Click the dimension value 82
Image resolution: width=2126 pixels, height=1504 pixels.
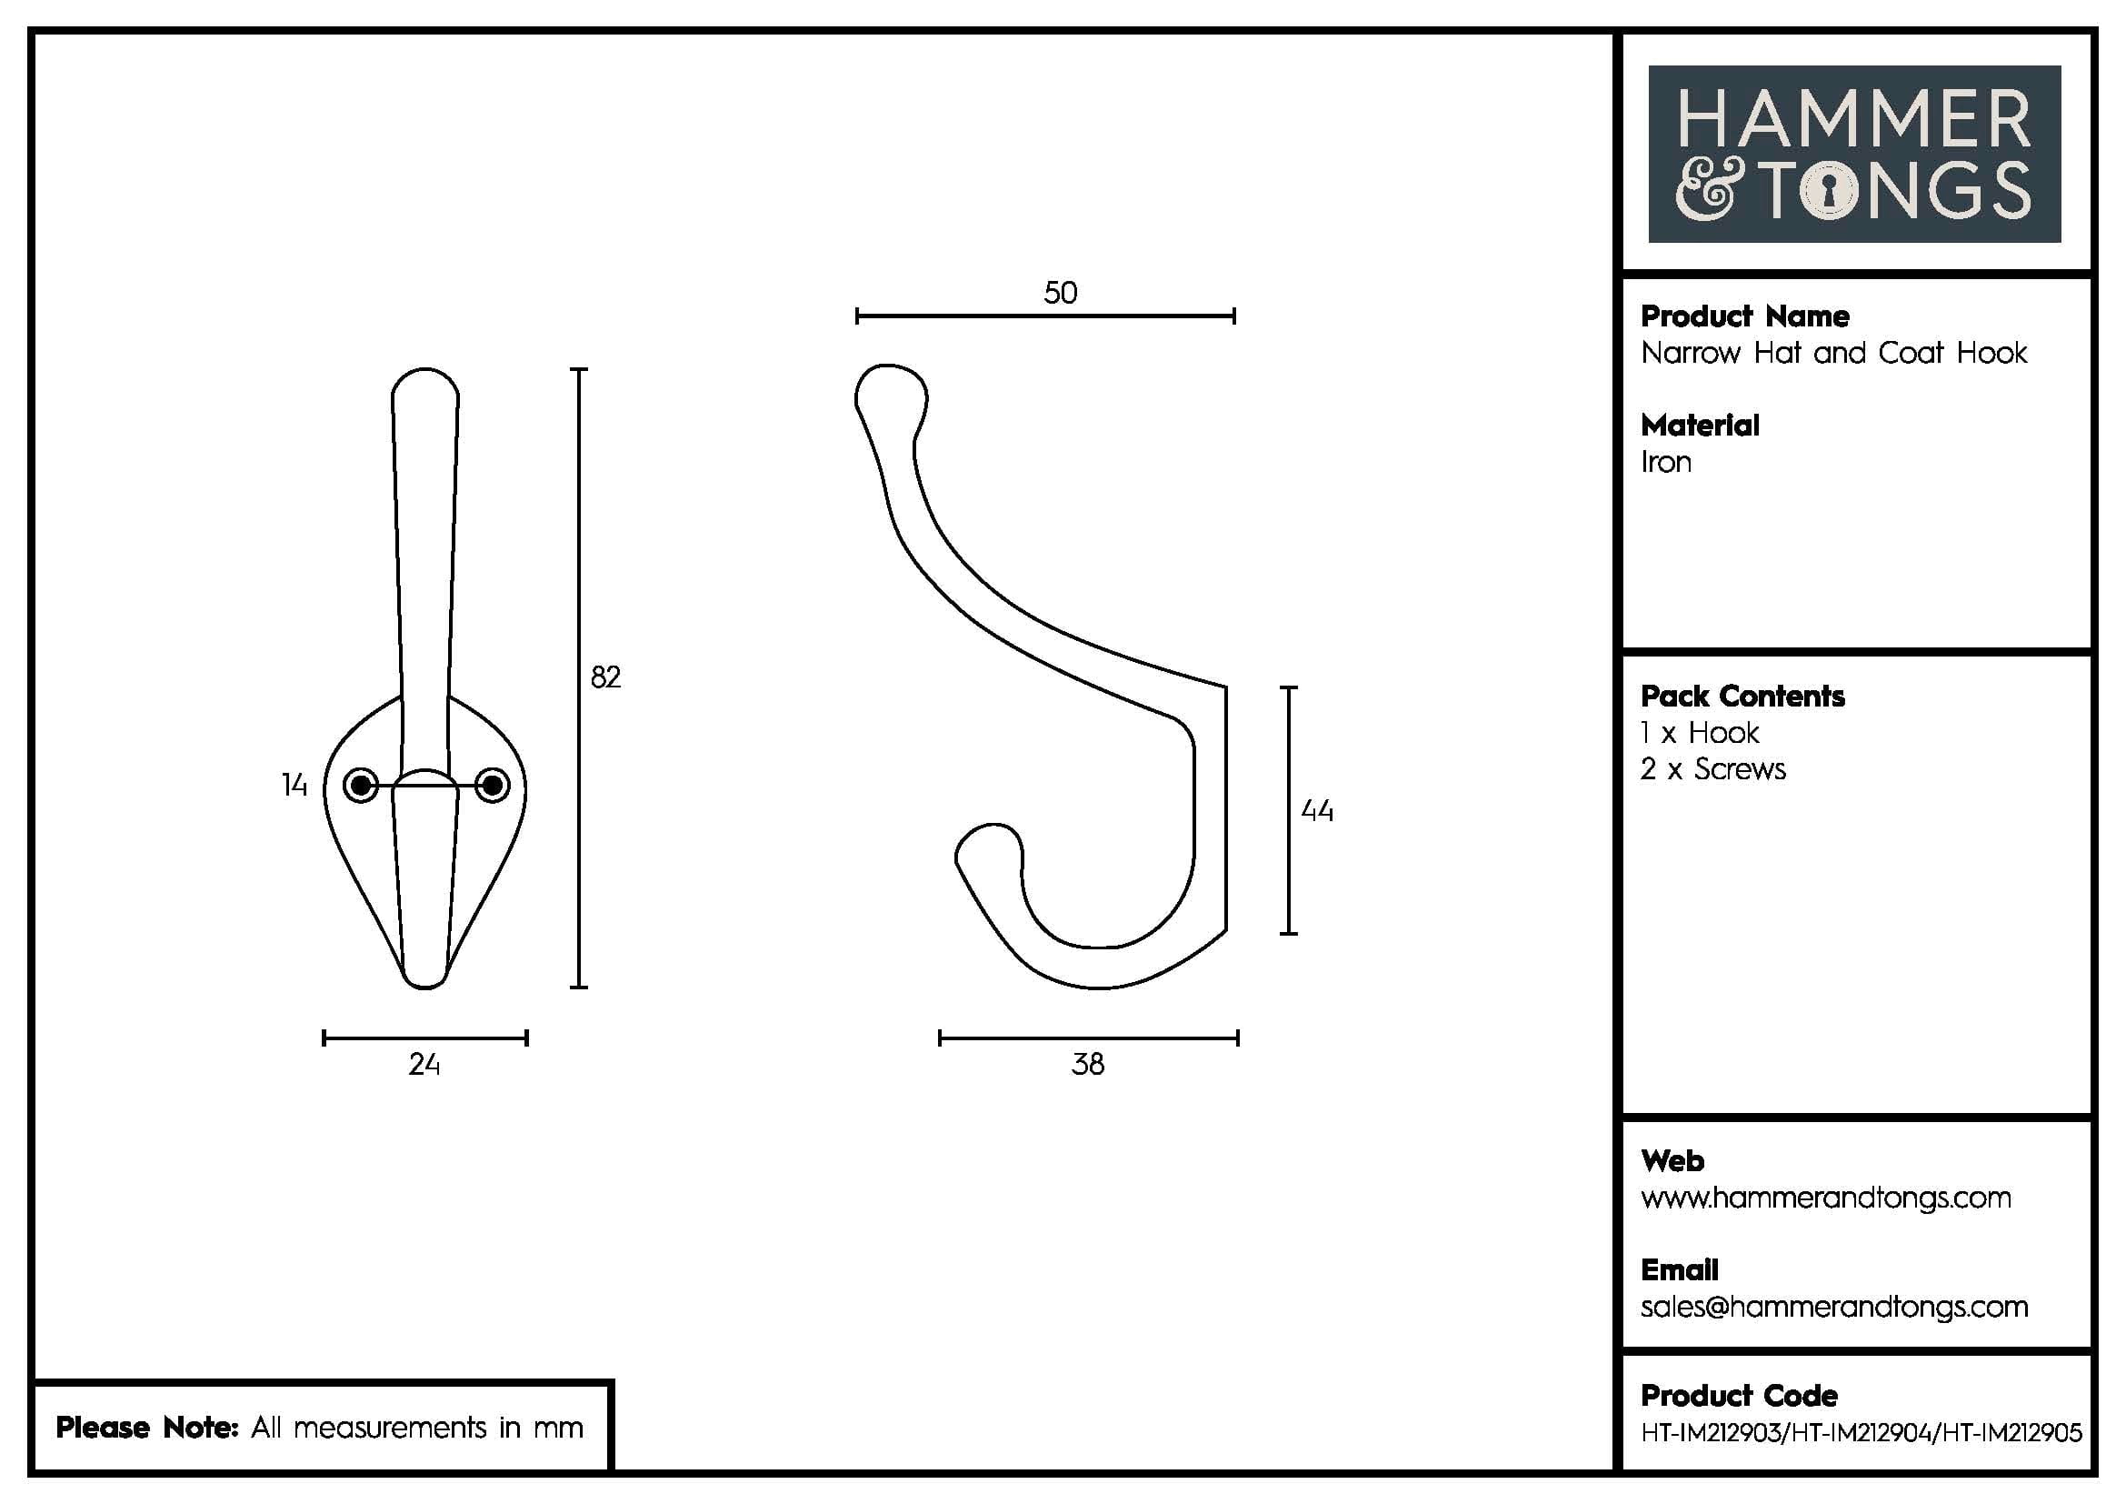pyautogui.click(x=604, y=678)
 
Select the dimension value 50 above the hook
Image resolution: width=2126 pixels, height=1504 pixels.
pyautogui.click(x=1060, y=294)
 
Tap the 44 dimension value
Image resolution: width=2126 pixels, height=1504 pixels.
pyautogui.click(x=1317, y=811)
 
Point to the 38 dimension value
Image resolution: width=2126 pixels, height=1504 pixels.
pyautogui.click(x=1088, y=1064)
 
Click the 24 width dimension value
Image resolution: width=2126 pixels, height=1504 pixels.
pyautogui.click(x=424, y=1065)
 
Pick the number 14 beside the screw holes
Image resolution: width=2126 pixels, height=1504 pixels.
pyautogui.click(x=294, y=787)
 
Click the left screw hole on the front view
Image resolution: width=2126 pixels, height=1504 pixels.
pyautogui.click(x=360, y=787)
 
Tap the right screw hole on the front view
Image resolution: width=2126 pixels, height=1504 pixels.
pyautogui.click(x=493, y=787)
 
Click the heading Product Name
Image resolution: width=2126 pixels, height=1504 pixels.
pyautogui.click(x=1744, y=316)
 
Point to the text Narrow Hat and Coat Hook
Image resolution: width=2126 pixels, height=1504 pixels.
pyautogui.click(x=1833, y=353)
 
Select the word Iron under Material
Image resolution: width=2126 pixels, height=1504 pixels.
pyautogui.click(x=1666, y=462)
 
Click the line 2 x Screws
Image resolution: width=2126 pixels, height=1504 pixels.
pyautogui.click(x=1713, y=769)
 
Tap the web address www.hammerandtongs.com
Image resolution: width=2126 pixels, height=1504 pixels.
pyautogui.click(x=1825, y=1198)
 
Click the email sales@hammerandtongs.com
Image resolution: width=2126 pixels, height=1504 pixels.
pyautogui.click(x=1833, y=1307)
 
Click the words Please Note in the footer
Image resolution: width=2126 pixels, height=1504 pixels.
pyautogui.click(x=148, y=1427)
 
